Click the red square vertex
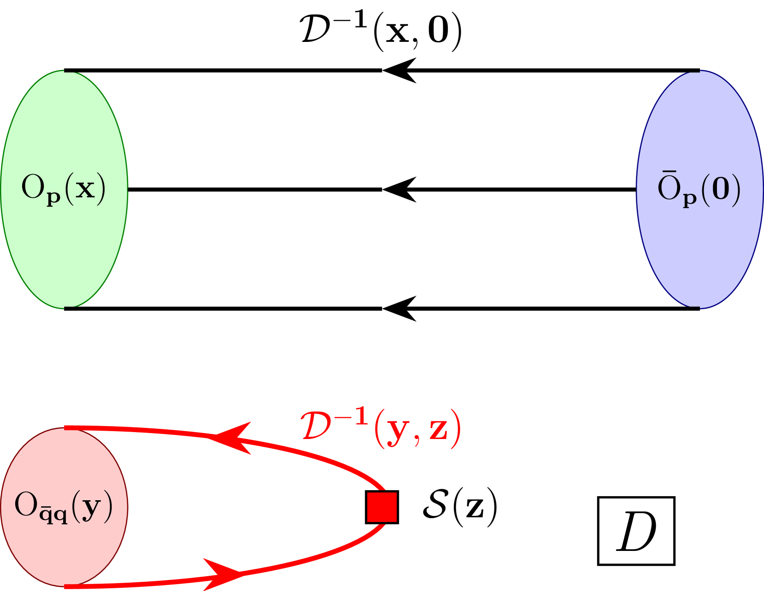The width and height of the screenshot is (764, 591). click(382, 507)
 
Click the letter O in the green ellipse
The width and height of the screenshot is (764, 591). click(32, 187)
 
